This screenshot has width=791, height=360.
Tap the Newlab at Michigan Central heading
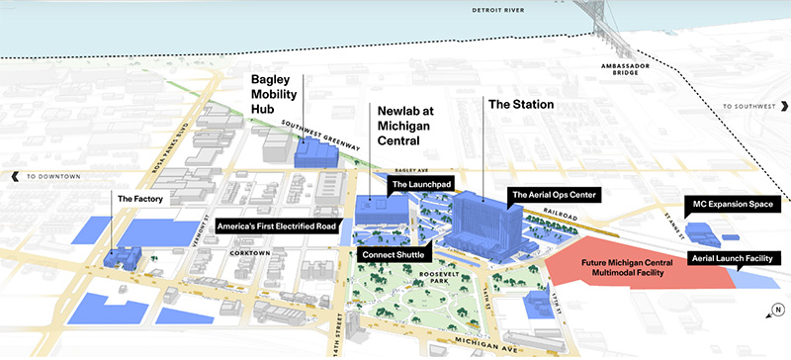point(405,125)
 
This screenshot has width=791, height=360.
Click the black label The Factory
point(138,199)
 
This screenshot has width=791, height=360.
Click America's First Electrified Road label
point(277,225)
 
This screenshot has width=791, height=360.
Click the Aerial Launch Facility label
point(732,257)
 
